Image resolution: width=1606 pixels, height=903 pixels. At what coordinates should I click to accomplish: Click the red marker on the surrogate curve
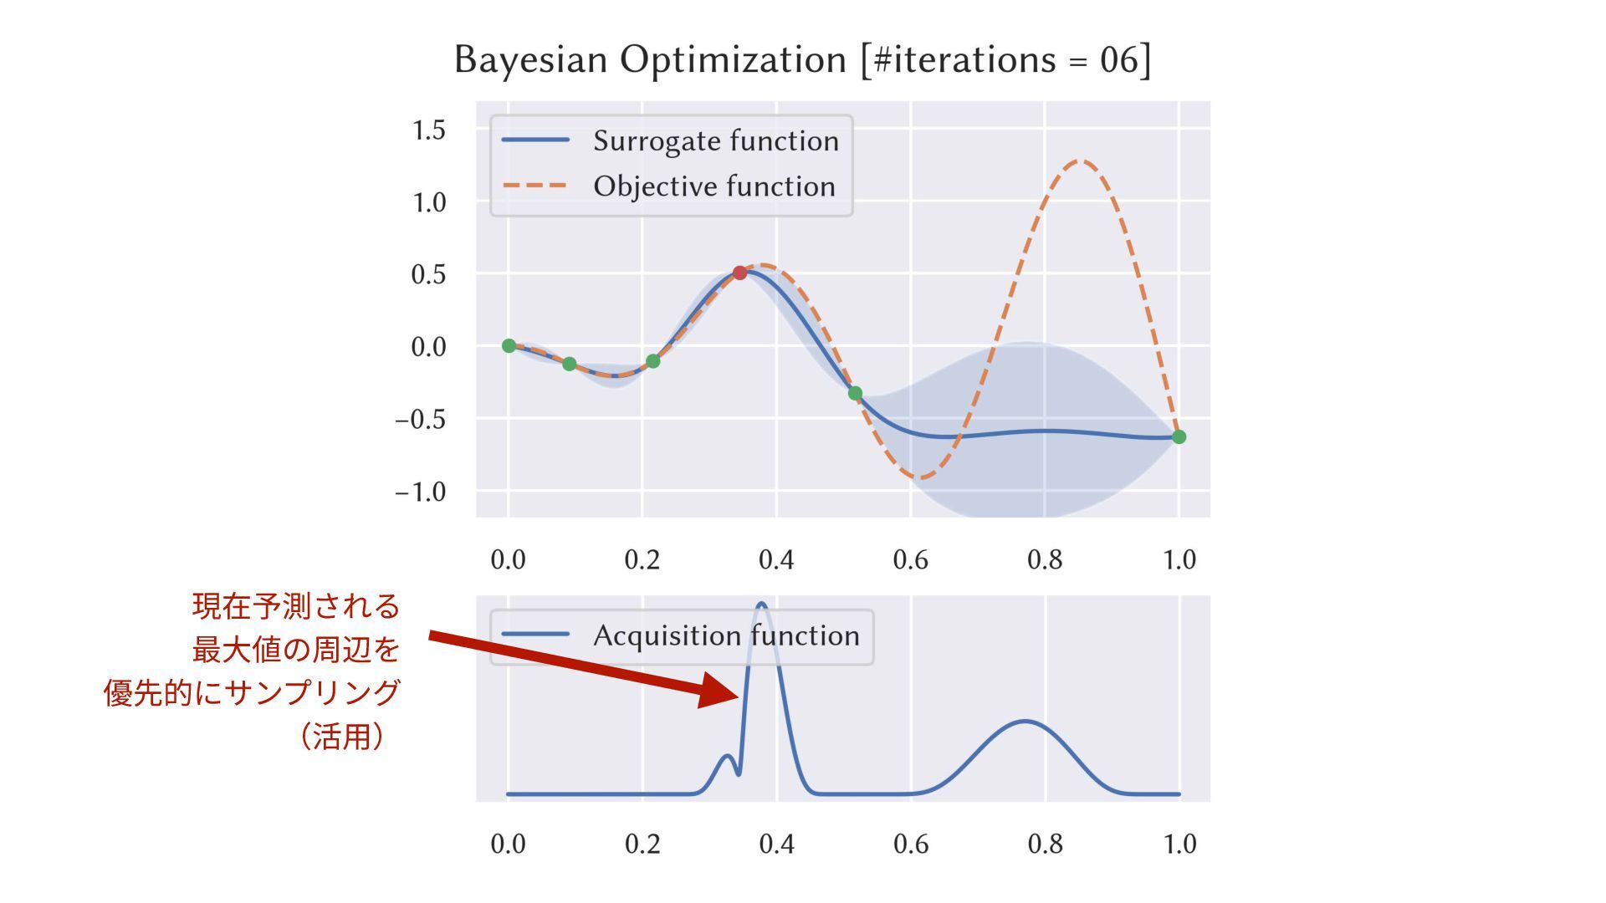739,273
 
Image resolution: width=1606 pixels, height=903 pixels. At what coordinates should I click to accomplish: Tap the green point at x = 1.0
1179,436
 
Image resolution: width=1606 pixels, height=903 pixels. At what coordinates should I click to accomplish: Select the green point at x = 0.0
509,345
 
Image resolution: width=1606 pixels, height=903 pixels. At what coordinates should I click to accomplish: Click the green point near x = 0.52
855,393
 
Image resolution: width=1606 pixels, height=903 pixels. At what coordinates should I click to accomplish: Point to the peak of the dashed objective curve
1082,161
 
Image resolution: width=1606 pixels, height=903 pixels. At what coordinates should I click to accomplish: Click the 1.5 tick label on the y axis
428,130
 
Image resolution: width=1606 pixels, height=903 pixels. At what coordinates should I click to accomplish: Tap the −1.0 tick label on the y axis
421,492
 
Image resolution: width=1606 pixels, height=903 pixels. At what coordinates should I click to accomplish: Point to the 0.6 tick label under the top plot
910,559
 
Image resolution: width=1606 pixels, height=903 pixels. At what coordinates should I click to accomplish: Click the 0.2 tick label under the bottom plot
642,844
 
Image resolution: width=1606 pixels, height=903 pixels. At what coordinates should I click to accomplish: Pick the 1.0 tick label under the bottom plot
1179,844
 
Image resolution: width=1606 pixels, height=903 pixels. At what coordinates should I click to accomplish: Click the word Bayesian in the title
530,60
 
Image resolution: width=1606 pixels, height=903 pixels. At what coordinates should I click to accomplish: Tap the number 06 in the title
1119,60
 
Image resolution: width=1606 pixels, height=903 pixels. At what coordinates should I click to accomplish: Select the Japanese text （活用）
342,737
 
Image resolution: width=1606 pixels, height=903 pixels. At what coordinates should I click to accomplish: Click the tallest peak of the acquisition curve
761,604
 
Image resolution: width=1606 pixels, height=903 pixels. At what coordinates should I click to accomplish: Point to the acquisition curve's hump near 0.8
1025,721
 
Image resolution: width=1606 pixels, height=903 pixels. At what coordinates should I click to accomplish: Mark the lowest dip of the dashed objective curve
922,477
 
